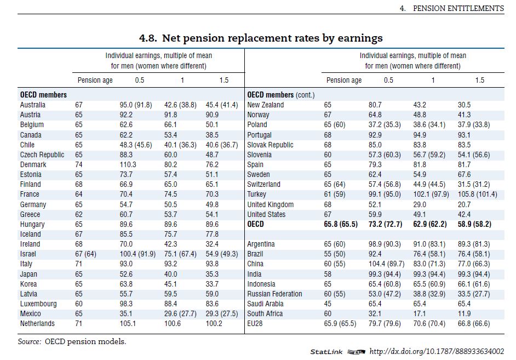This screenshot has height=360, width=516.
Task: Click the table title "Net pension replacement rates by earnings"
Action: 261,38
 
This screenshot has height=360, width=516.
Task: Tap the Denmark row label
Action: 33,164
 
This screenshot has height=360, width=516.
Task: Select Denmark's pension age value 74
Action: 79,164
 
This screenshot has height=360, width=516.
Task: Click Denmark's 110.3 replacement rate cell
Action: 129,164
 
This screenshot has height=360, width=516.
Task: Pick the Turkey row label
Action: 256,194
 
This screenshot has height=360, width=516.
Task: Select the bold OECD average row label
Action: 255,224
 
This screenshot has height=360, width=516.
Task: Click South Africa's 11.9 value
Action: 464,313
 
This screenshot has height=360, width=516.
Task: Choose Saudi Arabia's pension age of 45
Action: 328,304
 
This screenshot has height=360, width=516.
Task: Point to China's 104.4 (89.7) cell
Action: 388,264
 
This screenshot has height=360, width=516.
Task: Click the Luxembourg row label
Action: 39,304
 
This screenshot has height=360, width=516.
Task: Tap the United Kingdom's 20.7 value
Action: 464,204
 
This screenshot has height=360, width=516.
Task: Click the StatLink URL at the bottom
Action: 437,351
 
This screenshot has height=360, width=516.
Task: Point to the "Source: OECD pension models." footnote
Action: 72,341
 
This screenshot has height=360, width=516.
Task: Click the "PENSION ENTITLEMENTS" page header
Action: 458,8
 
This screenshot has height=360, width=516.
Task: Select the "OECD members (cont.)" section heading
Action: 281,95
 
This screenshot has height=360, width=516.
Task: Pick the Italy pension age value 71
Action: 79,264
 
